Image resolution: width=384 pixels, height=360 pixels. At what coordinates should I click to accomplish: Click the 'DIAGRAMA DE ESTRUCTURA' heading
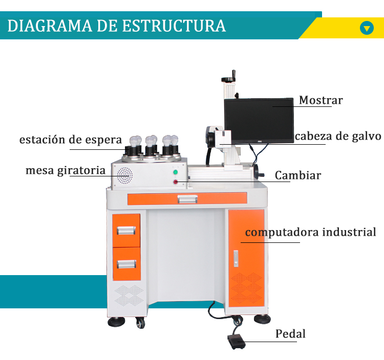[x=116, y=26]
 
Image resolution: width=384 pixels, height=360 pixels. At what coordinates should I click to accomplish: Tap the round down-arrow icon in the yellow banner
[x=367, y=28]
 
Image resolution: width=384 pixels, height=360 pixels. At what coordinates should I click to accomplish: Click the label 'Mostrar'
[x=321, y=100]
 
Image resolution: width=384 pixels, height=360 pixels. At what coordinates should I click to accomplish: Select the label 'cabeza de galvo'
[x=338, y=137]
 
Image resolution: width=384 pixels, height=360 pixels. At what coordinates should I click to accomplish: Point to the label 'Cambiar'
[x=297, y=176]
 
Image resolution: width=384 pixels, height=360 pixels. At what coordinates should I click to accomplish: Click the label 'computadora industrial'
[x=311, y=233]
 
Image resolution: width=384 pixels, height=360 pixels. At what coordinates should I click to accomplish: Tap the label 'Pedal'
[x=290, y=334]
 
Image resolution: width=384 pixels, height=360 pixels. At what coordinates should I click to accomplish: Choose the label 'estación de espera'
[x=71, y=140]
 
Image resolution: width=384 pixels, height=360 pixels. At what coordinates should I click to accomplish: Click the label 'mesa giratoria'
[x=66, y=170]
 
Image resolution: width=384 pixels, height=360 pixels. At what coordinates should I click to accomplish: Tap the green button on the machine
[x=175, y=172]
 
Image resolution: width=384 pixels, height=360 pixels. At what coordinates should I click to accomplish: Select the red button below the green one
[x=175, y=182]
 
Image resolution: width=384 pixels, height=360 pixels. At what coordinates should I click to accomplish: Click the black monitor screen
[x=259, y=119]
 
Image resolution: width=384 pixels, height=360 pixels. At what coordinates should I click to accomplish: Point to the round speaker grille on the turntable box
[x=124, y=176]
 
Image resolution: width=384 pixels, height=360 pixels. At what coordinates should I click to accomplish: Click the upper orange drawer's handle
[x=126, y=231]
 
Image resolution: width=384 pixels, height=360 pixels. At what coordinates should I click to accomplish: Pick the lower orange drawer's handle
[x=126, y=264]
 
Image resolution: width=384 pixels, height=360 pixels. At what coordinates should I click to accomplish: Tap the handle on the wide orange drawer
[x=187, y=199]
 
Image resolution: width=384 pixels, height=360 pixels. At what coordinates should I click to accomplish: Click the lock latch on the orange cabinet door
[x=235, y=258]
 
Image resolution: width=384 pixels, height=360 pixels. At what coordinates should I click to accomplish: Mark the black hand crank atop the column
[x=229, y=78]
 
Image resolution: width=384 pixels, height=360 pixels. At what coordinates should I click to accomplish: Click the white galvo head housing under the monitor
[x=222, y=139]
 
